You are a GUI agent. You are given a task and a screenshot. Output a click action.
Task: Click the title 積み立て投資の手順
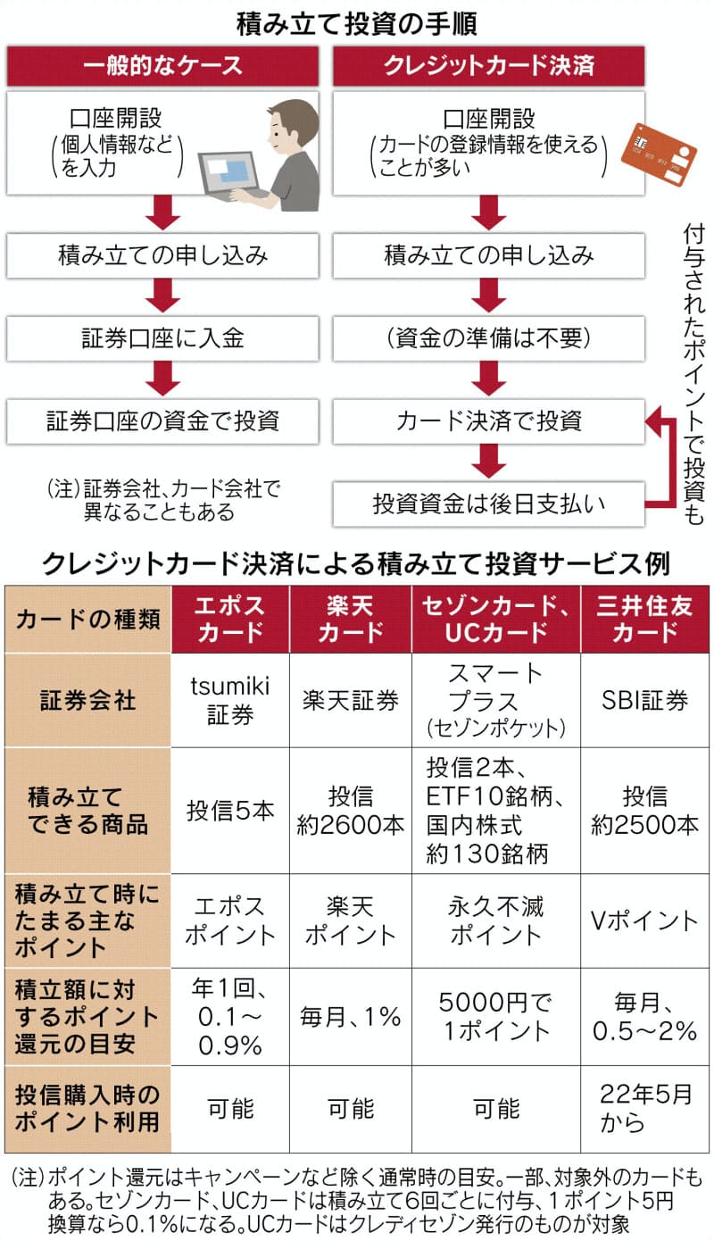point(357,21)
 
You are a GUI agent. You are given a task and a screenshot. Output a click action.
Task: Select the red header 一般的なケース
point(162,66)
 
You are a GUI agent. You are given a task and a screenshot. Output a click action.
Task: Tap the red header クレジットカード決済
point(488,66)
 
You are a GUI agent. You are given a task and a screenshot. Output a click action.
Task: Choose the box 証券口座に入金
point(162,339)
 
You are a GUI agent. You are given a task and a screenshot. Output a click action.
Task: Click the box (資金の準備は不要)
point(488,339)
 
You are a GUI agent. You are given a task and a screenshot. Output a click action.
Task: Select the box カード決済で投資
point(488,421)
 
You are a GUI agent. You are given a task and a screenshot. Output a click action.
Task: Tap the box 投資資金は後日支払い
point(488,504)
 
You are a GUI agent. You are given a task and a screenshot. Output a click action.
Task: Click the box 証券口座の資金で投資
point(162,421)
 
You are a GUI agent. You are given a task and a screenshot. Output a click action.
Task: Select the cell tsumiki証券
point(230,700)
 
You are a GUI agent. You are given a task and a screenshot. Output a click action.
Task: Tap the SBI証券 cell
point(645,700)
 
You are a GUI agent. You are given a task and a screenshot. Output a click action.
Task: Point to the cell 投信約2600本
point(350,810)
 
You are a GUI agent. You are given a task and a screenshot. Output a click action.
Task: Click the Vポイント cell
point(645,920)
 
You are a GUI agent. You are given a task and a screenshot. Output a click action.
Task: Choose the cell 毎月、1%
point(350,1016)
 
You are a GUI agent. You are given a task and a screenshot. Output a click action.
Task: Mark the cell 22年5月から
point(645,1108)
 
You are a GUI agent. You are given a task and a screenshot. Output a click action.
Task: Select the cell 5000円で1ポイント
point(495,1016)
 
